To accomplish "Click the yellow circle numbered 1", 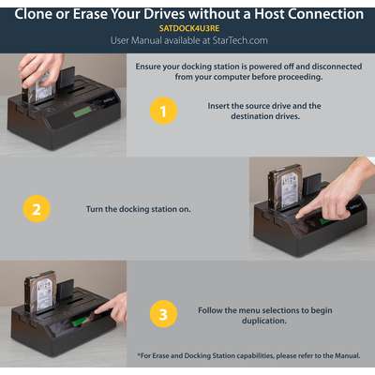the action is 163,111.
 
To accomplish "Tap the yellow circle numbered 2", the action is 37,209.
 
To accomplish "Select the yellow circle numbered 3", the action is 163,314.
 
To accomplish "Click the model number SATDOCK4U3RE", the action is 189,28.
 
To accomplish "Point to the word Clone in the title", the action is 33,14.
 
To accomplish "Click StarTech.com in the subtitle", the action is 240,40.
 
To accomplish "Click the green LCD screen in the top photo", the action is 82,112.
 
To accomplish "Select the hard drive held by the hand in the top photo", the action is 39,87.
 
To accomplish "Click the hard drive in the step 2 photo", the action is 285,187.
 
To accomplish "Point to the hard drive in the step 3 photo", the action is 40,292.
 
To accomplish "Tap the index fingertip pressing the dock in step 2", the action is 299,215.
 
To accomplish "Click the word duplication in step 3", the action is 264,321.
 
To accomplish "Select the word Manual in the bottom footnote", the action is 347,355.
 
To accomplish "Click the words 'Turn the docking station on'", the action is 138,209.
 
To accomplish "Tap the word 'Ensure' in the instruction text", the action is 147,67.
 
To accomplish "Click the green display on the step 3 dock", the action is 77,321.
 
